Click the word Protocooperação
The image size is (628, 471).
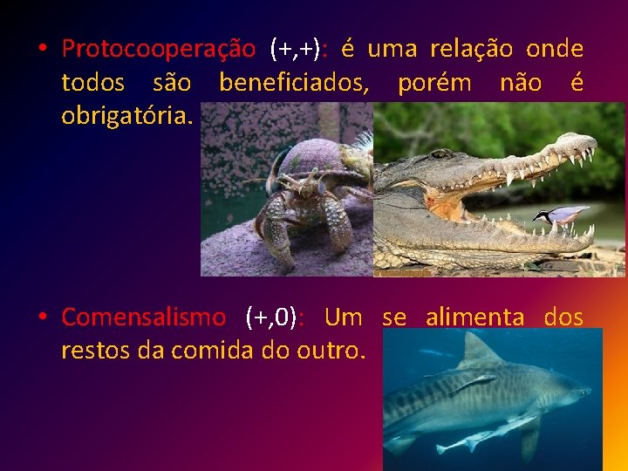(159, 49)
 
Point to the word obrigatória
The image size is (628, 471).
(127, 116)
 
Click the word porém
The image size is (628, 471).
(433, 83)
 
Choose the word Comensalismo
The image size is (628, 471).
(143, 317)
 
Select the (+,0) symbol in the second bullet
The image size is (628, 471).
(274, 317)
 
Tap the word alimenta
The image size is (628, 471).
(474, 317)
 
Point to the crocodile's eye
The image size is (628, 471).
(442, 154)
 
